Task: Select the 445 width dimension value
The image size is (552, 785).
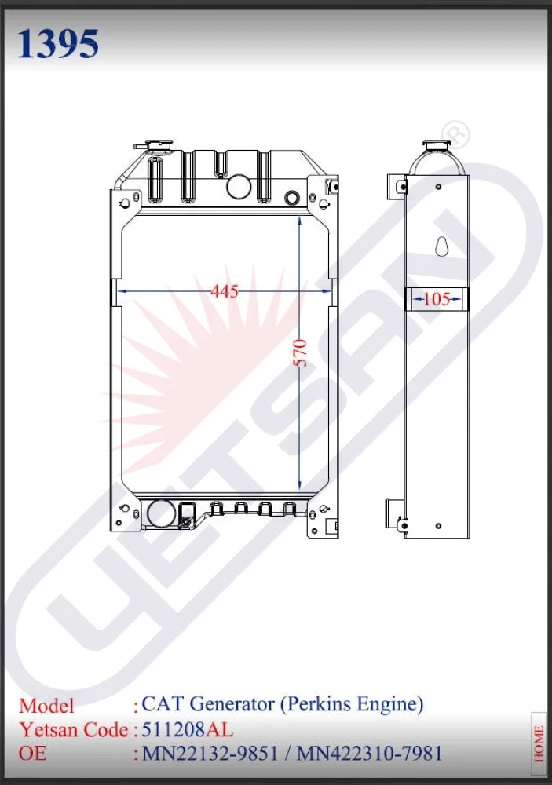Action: pyautogui.click(x=225, y=292)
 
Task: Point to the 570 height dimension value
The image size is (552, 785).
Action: pyautogui.click(x=300, y=352)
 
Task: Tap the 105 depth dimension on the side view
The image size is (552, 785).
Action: pyautogui.click(x=436, y=299)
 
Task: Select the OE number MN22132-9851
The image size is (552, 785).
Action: pyautogui.click(x=210, y=754)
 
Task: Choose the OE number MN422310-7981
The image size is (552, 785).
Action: pyautogui.click(x=370, y=754)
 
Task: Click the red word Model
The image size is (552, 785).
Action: pyautogui.click(x=47, y=705)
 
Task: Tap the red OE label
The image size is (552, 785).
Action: pyautogui.click(x=33, y=754)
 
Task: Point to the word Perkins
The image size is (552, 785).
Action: pyautogui.click(x=320, y=704)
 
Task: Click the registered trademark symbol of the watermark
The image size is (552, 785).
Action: pyautogui.click(x=457, y=134)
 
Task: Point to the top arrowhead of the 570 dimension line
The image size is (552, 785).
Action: pyautogui.click(x=300, y=223)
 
